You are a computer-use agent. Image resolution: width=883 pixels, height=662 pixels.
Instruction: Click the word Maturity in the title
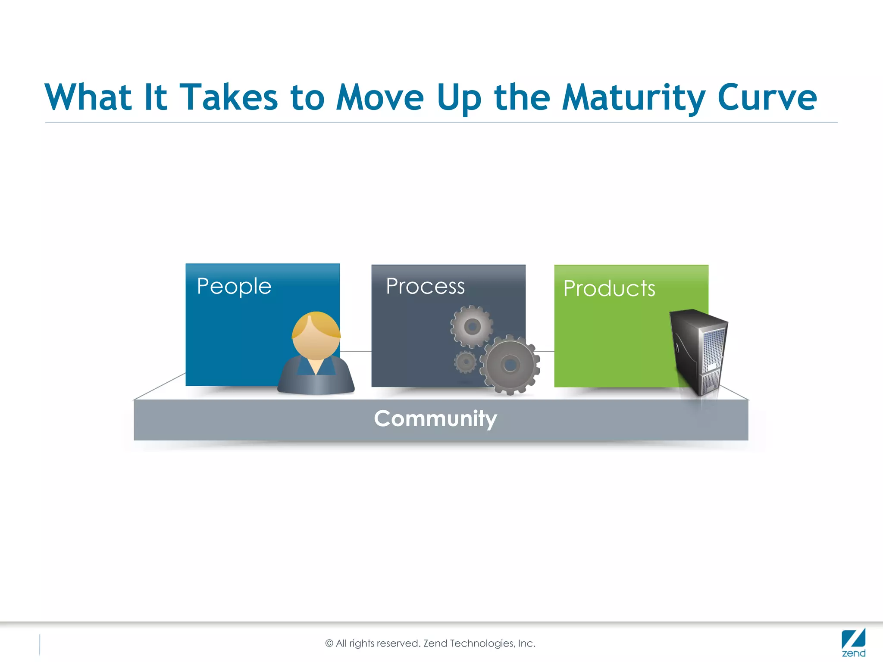click(x=634, y=98)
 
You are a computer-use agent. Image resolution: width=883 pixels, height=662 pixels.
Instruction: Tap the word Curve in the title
click(x=767, y=98)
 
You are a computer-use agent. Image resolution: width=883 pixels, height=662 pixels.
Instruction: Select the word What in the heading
click(x=88, y=98)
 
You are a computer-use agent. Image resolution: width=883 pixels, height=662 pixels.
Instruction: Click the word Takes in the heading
click(x=229, y=98)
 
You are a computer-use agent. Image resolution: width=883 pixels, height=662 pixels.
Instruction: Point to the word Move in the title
click(x=380, y=98)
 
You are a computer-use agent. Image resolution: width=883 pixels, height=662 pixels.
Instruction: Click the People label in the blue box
click(x=234, y=287)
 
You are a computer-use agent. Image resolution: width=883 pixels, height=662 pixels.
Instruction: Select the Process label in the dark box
click(x=425, y=287)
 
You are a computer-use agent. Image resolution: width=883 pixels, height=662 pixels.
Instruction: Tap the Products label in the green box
click(x=609, y=289)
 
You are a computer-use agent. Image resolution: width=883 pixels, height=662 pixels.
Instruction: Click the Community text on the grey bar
click(x=435, y=418)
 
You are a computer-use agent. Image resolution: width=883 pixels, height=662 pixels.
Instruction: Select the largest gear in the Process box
click(x=510, y=365)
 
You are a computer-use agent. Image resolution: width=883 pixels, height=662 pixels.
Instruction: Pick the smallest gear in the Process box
click(x=466, y=362)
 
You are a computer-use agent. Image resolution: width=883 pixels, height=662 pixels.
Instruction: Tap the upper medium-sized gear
click(x=472, y=327)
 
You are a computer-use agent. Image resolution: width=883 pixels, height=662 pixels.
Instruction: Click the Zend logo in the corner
click(x=853, y=642)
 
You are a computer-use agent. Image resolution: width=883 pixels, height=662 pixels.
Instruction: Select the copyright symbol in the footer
click(x=329, y=643)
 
